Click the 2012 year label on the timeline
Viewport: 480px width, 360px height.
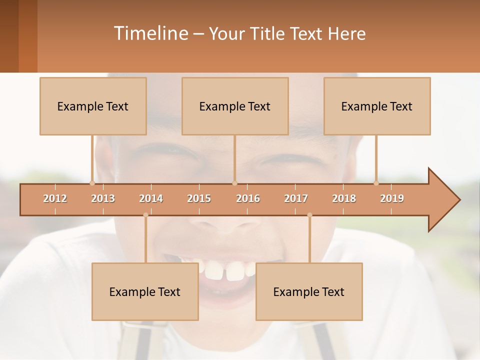[x=55, y=198]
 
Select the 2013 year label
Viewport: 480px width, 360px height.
[x=103, y=198]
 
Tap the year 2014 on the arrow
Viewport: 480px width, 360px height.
[x=151, y=198]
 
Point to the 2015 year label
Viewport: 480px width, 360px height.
[x=199, y=198]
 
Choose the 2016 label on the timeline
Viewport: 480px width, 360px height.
[x=248, y=198]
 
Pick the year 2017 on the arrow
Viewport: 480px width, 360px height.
[x=296, y=198]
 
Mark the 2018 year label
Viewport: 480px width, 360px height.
[x=344, y=198]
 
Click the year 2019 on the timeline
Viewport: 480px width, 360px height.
[x=392, y=198]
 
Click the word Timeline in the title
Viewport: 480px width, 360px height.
[x=150, y=33]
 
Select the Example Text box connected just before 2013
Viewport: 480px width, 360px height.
[x=93, y=106]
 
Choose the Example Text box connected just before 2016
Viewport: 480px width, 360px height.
[x=235, y=106]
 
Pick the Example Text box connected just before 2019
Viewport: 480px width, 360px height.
[x=377, y=106]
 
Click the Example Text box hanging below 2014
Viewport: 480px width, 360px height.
[x=145, y=291]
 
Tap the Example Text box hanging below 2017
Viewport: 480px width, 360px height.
[x=309, y=291]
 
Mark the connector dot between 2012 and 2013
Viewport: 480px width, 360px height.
[x=92, y=183]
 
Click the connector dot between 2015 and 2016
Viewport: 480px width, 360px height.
[x=235, y=183]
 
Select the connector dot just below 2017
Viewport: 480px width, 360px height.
[x=309, y=215]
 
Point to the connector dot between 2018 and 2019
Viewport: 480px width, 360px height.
[x=376, y=183]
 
